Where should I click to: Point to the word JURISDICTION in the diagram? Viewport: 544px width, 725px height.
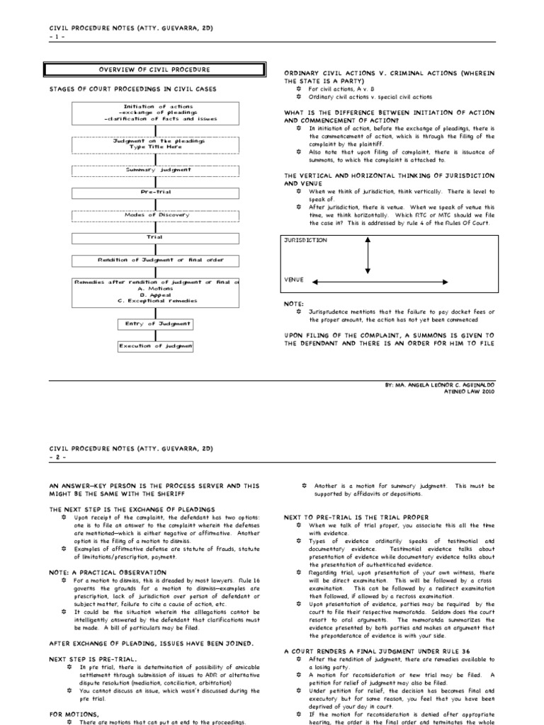click(306, 241)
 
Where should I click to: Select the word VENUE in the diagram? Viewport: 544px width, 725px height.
click(294, 280)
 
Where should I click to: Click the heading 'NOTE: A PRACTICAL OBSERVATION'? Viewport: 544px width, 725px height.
click(107, 572)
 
